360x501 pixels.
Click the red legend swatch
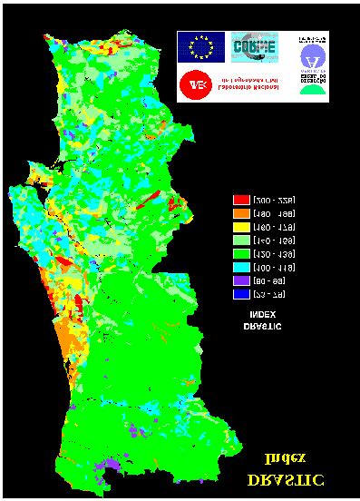coord(241,199)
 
